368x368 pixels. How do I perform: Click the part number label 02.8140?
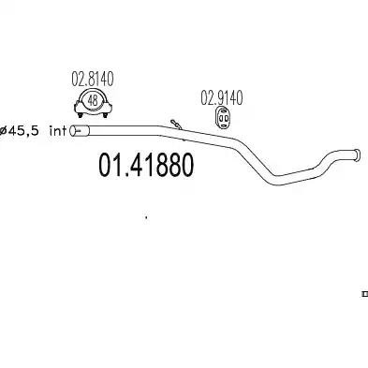[93, 80]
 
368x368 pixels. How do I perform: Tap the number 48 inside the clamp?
[93, 100]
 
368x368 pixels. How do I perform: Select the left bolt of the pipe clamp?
[80, 115]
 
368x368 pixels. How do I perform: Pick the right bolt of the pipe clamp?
[105, 115]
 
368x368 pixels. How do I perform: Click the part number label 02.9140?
[221, 97]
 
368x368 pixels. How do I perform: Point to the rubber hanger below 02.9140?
[223, 118]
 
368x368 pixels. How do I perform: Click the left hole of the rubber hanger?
[220, 118]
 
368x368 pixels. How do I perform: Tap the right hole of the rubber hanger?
[226, 118]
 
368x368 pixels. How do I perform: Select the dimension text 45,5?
[23, 131]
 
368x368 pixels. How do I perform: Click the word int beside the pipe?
[58, 131]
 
